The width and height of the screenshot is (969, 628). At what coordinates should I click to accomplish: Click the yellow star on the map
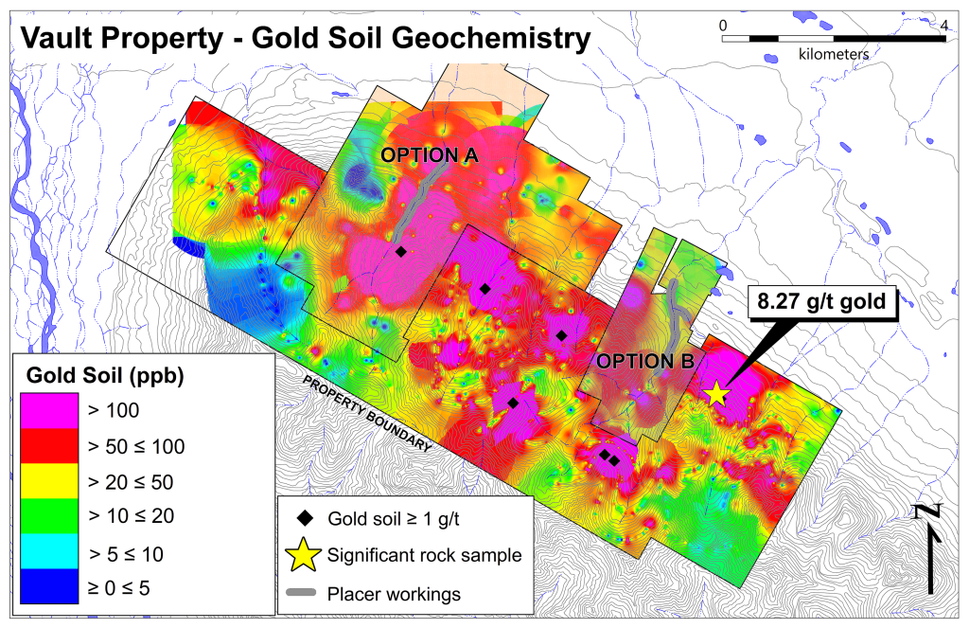click(716, 393)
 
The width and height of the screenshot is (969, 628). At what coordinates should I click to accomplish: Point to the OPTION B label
click(646, 361)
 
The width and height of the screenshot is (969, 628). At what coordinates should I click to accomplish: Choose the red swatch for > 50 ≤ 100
click(48, 446)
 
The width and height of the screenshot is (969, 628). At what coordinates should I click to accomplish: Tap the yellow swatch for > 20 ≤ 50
click(48, 481)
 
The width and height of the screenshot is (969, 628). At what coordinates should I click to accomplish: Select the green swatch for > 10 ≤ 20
click(48, 516)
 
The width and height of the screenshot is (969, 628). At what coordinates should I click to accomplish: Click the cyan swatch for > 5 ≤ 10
click(48, 551)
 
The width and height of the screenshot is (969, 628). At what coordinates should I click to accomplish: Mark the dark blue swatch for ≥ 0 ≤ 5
click(48, 586)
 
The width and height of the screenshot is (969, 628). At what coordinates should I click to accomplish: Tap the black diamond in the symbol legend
click(305, 519)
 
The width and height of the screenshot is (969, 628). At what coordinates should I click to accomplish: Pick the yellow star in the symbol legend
click(305, 556)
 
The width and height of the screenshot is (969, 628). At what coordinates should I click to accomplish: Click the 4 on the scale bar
click(943, 24)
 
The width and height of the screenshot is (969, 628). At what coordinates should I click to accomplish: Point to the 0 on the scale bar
click(723, 24)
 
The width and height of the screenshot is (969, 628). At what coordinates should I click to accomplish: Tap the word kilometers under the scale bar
click(833, 55)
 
